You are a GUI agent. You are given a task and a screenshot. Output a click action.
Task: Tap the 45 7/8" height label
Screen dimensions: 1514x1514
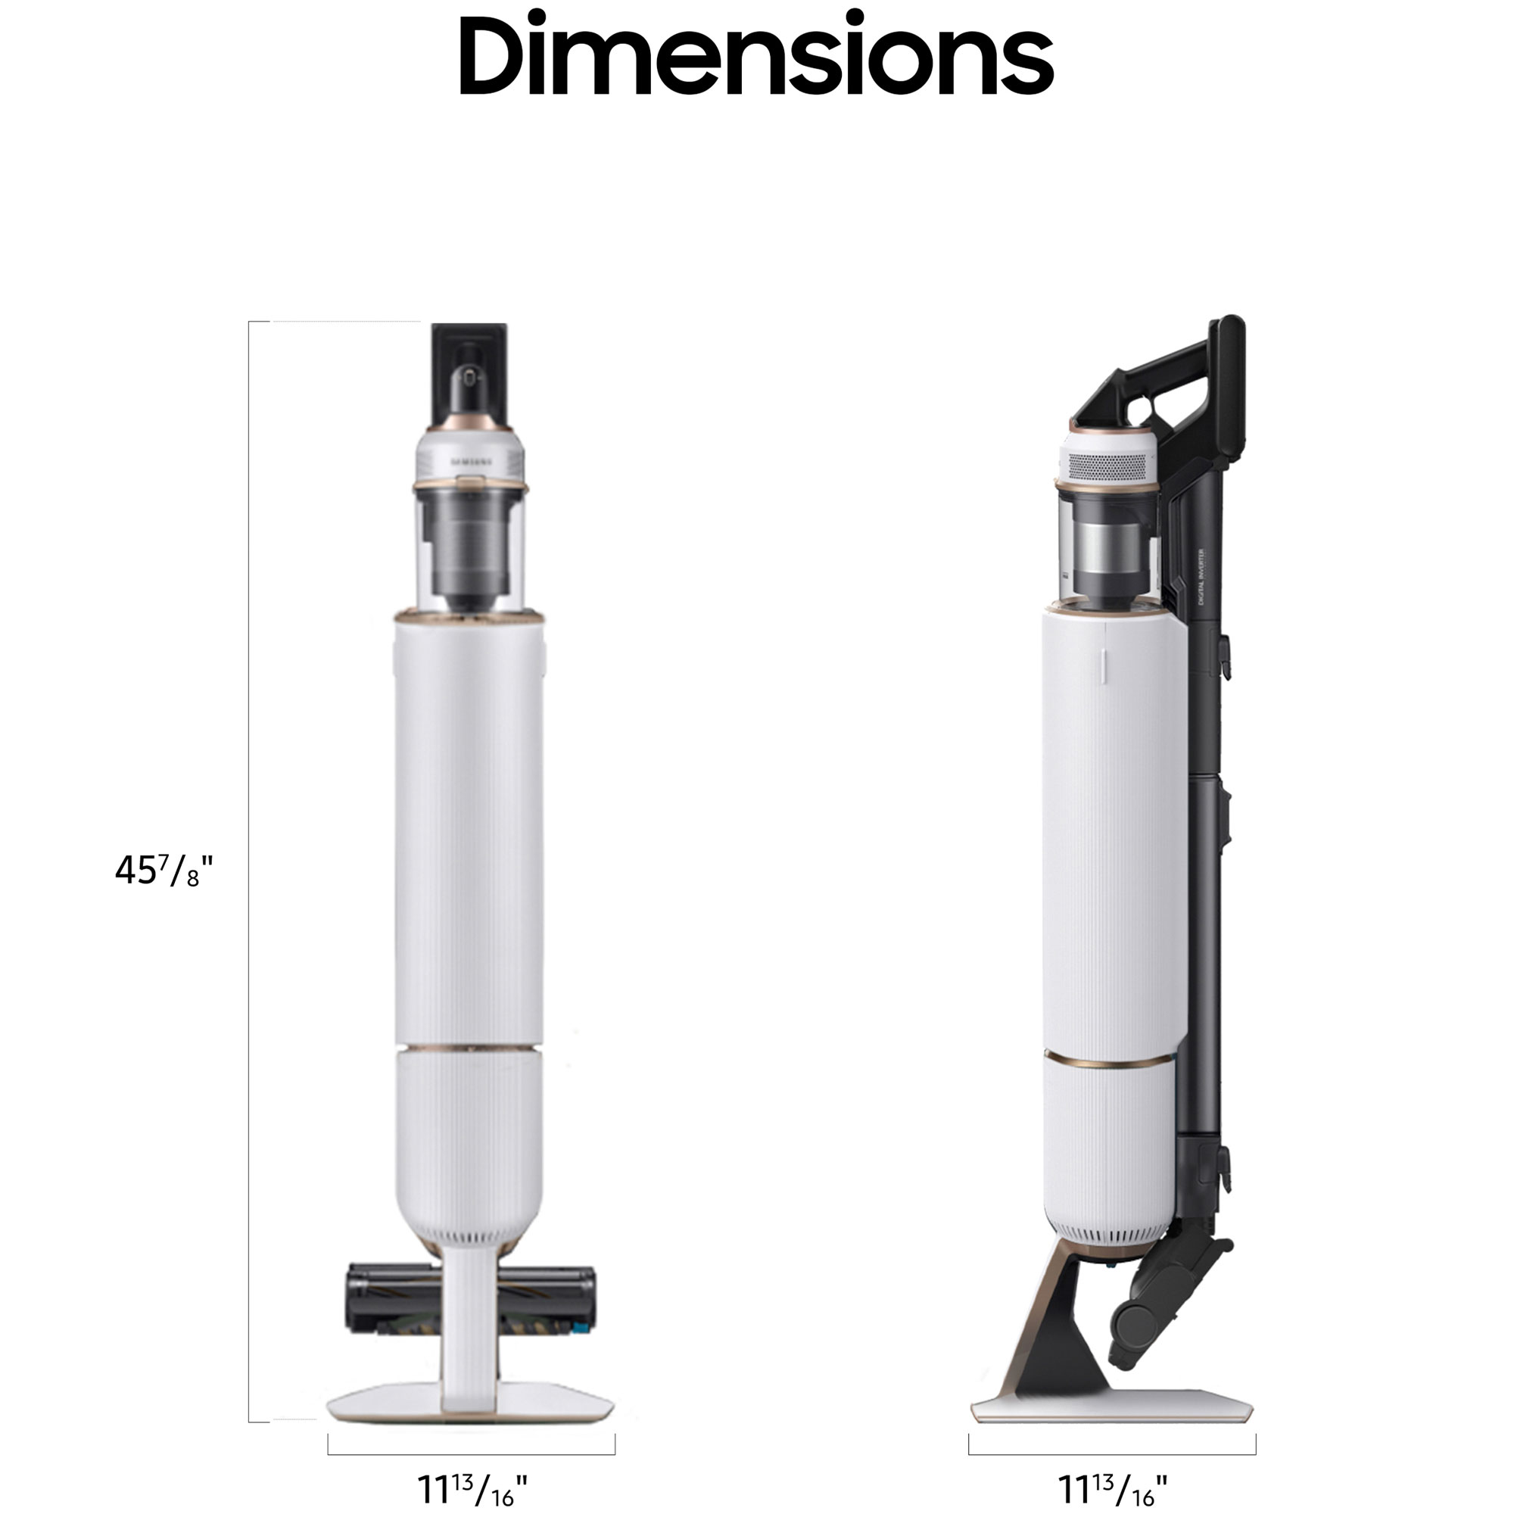point(163,871)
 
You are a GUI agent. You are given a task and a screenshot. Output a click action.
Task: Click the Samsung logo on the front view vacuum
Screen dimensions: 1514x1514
point(470,463)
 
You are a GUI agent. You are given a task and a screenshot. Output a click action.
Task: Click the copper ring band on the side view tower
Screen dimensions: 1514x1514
point(1109,1062)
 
